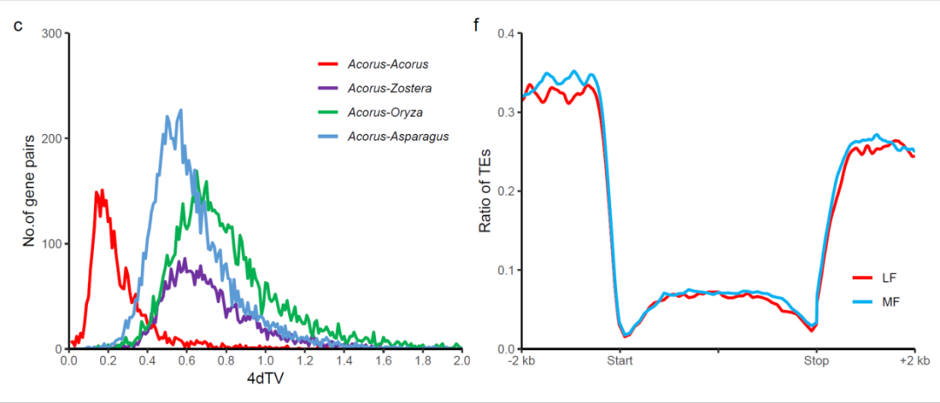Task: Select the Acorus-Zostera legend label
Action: (389, 88)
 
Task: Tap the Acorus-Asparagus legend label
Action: (397, 137)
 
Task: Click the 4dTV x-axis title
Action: (265, 380)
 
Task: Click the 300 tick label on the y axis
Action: (50, 34)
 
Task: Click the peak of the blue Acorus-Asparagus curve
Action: (180, 111)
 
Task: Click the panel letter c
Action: (17, 22)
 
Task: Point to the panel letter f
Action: (475, 23)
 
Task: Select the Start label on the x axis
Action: (620, 360)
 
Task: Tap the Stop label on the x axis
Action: (816, 360)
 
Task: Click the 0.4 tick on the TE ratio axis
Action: (506, 34)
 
